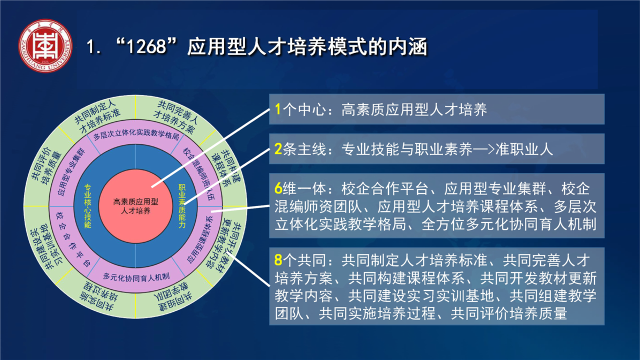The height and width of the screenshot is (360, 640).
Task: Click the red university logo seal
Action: click(x=45, y=45)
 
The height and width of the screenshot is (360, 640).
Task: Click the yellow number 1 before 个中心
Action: click(x=277, y=109)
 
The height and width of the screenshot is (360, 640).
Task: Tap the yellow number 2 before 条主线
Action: click(x=278, y=149)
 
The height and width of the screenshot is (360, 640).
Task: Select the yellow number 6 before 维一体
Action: click(x=278, y=188)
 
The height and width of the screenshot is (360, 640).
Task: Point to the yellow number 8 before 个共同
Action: click(x=278, y=260)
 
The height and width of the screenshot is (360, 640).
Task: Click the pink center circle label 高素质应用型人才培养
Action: click(x=135, y=206)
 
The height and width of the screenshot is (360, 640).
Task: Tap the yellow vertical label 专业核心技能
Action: click(x=87, y=206)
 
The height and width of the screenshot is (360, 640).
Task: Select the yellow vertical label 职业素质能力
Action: click(x=182, y=206)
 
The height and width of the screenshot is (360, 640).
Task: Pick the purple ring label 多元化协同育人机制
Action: click(x=136, y=277)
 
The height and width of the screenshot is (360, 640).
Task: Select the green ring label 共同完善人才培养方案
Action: click(x=175, y=117)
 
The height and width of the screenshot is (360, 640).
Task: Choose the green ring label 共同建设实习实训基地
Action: click(x=47, y=247)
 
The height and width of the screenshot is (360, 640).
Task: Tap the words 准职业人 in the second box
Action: click(x=524, y=149)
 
